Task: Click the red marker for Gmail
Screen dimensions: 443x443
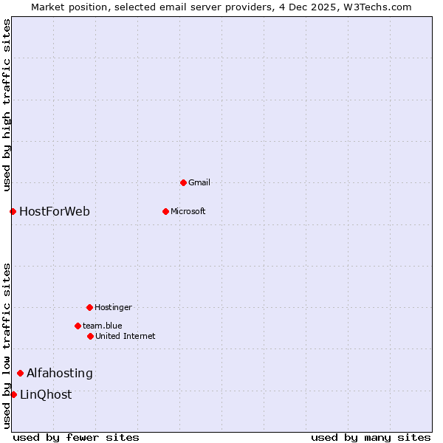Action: click(x=183, y=182)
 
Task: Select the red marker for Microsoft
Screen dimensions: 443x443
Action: click(x=165, y=211)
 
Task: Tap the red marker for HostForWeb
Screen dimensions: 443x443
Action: click(x=13, y=212)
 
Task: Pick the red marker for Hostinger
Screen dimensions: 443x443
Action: click(x=89, y=307)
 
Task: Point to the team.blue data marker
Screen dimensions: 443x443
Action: click(x=78, y=326)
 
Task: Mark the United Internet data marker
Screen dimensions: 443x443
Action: click(x=90, y=336)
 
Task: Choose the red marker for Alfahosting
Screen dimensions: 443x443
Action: click(x=20, y=373)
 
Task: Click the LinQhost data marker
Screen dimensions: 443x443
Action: click(x=13, y=394)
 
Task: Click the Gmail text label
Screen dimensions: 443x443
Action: click(x=199, y=182)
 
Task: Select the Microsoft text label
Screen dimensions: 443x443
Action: click(x=188, y=211)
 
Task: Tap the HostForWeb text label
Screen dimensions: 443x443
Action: click(x=55, y=212)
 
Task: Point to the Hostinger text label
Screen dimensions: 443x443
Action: click(x=113, y=307)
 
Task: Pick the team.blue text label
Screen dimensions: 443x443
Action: click(x=103, y=326)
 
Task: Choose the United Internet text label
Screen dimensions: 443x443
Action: click(x=126, y=336)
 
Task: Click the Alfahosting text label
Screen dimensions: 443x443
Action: click(x=60, y=373)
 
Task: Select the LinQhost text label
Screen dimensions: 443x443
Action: click(x=46, y=394)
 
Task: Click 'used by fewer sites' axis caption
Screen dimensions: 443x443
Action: click(x=76, y=437)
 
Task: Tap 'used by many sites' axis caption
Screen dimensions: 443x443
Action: click(x=371, y=437)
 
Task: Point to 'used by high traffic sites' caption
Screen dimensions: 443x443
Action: click(x=7, y=105)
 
